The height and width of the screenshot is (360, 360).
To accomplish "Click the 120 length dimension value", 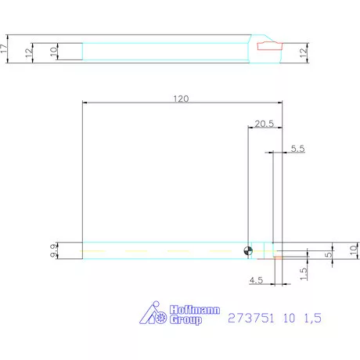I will (181, 99).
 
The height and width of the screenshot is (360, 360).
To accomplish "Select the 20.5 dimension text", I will (264, 124).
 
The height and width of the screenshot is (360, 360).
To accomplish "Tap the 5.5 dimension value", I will (297, 148).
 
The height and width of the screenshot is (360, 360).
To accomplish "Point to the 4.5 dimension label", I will (255, 279).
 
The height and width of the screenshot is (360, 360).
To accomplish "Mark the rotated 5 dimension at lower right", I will (329, 254).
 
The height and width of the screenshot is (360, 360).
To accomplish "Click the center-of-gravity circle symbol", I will (248, 250).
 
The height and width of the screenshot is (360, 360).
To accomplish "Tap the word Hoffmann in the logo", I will (183, 310).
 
